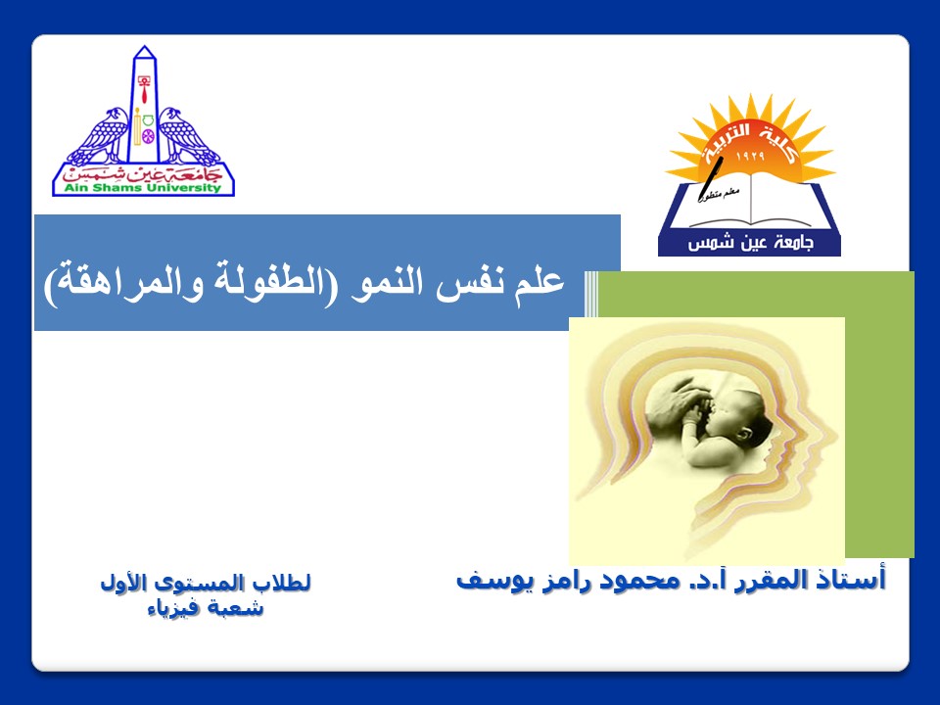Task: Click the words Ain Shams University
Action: click(x=143, y=188)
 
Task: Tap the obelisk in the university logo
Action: click(x=145, y=105)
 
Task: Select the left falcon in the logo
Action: click(x=99, y=137)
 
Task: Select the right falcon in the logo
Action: click(x=189, y=137)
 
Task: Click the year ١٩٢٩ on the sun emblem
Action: click(x=750, y=157)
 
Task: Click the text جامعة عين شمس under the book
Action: click(x=750, y=243)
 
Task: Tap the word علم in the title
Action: click(x=541, y=282)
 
